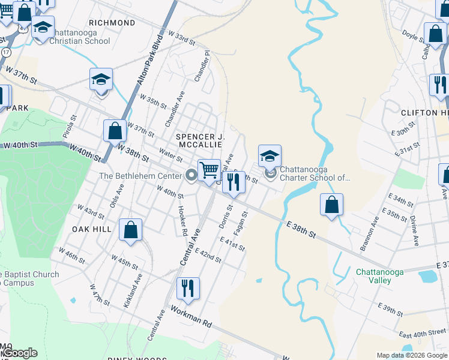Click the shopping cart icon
[209, 170]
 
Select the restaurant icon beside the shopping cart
[234, 182]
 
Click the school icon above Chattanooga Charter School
[270, 157]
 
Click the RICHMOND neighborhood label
[115, 23]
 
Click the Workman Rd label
[191, 316]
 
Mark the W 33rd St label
[182, 39]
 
